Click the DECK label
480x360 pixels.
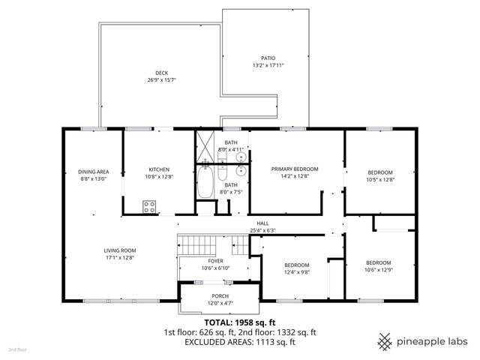pyautogui.click(x=162, y=73)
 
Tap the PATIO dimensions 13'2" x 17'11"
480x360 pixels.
pyautogui.click(x=268, y=65)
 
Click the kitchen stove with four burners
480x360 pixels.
pyautogui.click(x=149, y=206)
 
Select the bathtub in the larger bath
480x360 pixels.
pyautogui.click(x=205, y=182)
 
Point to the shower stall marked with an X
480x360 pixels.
pyautogui.click(x=205, y=147)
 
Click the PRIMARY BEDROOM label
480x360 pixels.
pyautogui.click(x=295, y=169)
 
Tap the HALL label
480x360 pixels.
pyautogui.click(x=262, y=223)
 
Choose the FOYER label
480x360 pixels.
pyautogui.click(x=215, y=261)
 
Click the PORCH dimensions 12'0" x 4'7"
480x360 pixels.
pyautogui.click(x=220, y=303)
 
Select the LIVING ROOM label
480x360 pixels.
pyautogui.click(x=120, y=250)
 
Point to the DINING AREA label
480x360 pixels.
pyautogui.click(x=93, y=172)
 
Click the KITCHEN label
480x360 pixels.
pyautogui.click(x=159, y=169)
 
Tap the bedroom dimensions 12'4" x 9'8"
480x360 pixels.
pyautogui.click(x=297, y=272)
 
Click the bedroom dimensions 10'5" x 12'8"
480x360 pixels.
pyautogui.click(x=380, y=180)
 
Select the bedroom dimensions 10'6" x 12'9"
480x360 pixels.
pyautogui.click(x=378, y=270)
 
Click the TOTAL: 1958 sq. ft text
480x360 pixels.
pyautogui.click(x=240, y=322)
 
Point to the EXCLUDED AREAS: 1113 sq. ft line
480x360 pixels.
pyautogui.click(x=240, y=342)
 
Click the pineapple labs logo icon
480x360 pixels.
pyautogui.click(x=385, y=342)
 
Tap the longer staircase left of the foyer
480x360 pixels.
pyautogui.click(x=196, y=245)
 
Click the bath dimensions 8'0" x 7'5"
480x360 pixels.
pyautogui.click(x=231, y=192)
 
